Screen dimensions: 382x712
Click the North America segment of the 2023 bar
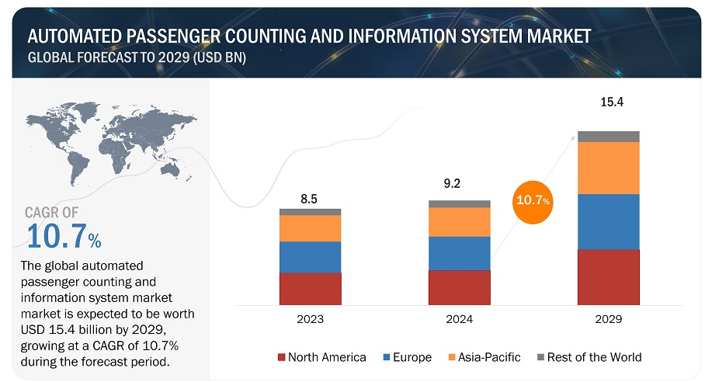[x=310, y=288]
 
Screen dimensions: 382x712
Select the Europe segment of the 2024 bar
[x=459, y=253]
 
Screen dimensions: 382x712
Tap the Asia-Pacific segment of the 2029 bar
[x=608, y=168]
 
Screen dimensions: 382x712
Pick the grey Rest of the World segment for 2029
[x=608, y=137]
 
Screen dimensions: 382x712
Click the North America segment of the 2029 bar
[x=608, y=276]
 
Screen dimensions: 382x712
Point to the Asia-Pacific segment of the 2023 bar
[x=310, y=228]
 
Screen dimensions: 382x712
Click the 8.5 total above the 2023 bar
[x=309, y=199]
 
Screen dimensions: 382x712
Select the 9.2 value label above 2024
[x=459, y=185]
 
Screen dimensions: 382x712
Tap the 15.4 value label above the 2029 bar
[x=608, y=102]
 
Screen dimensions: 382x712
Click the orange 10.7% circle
[x=533, y=200]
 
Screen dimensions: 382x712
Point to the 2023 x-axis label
[x=310, y=319]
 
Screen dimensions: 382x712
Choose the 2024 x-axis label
[x=459, y=319]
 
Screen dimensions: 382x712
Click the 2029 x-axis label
[x=608, y=319]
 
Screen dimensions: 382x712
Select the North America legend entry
[x=321, y=357]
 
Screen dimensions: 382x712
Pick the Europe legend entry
[x=408, y=357]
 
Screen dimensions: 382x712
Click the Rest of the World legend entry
[x=587, y=357]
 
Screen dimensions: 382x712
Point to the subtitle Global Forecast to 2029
[x=137, y=58]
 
